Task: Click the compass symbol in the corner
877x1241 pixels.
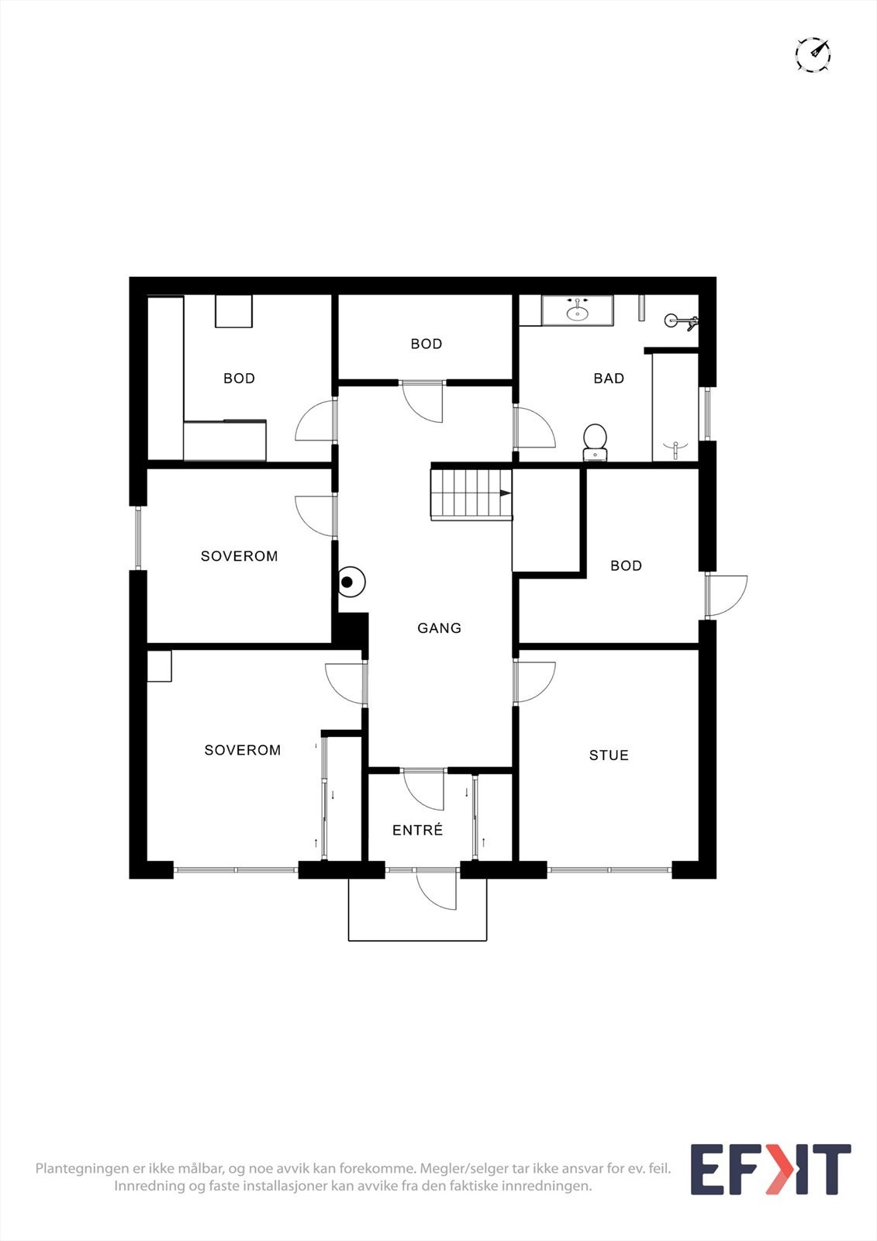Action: [x=813, y=55]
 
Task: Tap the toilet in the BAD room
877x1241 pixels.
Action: [x=595, y=441]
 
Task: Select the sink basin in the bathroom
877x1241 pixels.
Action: [x=577, y=313]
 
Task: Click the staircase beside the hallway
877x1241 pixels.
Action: [x=471, y=493]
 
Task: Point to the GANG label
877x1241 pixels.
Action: [x=439, y=628]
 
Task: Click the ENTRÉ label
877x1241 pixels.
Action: [x=417, y=830]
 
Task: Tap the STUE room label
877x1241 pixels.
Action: [x=609, y=755]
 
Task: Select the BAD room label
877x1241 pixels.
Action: [x=609, y=379]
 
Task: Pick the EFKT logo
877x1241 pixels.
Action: [x=770, y=1170]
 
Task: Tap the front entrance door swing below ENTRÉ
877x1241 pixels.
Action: [x=436, y=889]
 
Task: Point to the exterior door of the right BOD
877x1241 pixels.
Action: [x=727, y=596]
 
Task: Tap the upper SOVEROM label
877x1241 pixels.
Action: [x=239, y=556]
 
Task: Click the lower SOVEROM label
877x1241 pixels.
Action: [x=242, y=750]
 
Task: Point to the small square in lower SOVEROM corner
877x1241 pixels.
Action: [x=160, y=666]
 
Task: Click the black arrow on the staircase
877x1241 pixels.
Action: [x=505, y=493]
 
